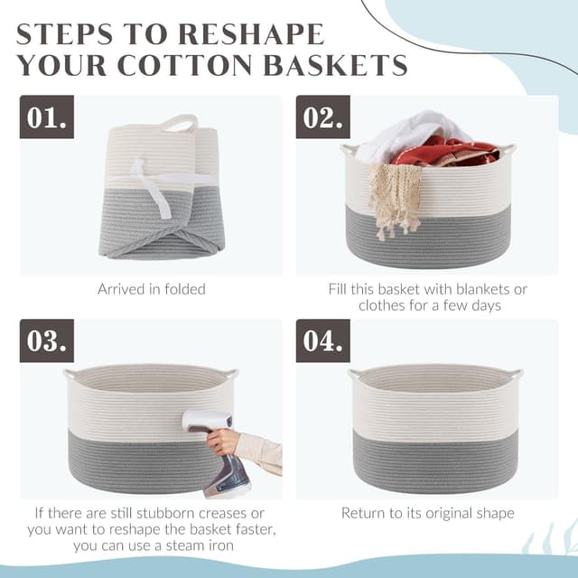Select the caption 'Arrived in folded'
(x=151, y=290)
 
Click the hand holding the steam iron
(x=226, y=443)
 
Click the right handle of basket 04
(x=514, y=373)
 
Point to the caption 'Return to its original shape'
(x=427, y=513)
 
